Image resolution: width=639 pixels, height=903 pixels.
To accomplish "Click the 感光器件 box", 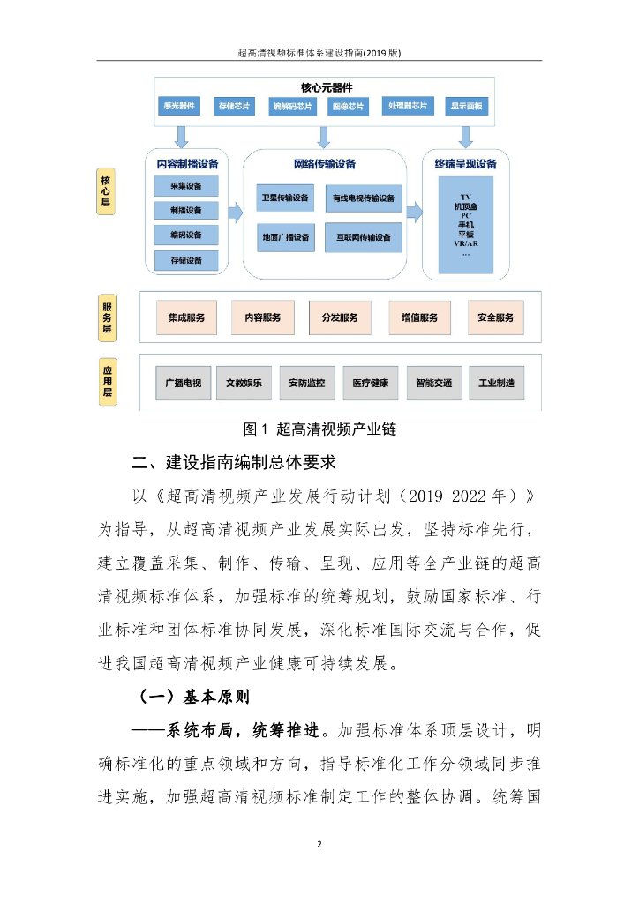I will click(x=177, y=107).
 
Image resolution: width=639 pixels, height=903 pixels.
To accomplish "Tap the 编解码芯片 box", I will click(x=292, y=107).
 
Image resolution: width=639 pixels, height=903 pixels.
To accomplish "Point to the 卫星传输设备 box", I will click(x=285, y=198).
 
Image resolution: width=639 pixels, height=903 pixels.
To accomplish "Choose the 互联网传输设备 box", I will click(x=364, y=237).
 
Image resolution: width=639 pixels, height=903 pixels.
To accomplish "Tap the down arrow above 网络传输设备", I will click(x=323, y=136).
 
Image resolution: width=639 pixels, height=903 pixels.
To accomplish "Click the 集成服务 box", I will click(x=186, y=317).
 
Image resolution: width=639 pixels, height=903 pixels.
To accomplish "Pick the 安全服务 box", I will click(x=495, y=317).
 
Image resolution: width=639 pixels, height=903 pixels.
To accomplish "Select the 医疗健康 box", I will click(x=370, y=383).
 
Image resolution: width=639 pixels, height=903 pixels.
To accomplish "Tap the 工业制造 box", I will click(x=495, y=383).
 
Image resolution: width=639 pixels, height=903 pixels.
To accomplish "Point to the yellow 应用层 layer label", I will click(x=108, y=381).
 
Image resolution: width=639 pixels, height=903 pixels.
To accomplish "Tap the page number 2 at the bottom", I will click(x=319, y=845).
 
